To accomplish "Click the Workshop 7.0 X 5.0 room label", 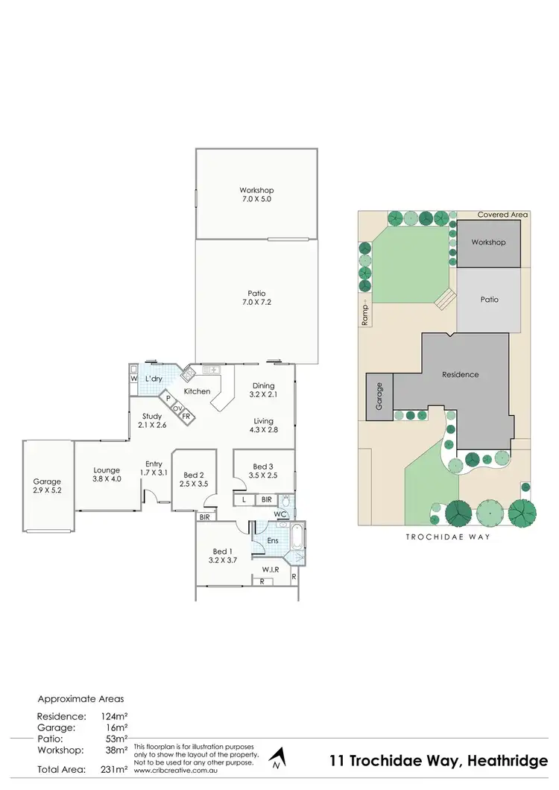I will [256, 195].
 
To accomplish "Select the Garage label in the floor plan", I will [47, 487].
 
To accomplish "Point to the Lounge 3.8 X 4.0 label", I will [107, 475].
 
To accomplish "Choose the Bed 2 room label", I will [194, 480].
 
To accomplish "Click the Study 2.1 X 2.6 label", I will [153, 420].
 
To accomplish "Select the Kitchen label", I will [198, 391].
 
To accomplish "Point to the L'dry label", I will [154, 379].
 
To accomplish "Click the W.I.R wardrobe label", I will [271, 570].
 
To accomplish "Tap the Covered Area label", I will [502, 215].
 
